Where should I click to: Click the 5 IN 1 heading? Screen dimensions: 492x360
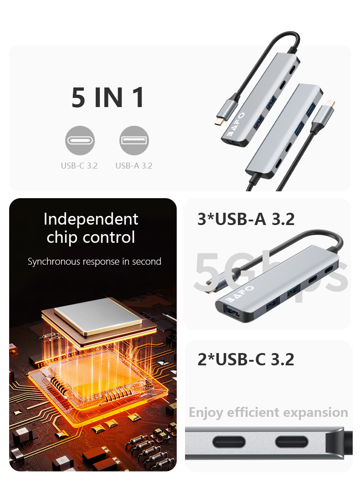[x=108, y=97]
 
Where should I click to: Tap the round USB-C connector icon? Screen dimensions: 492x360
[x=80, y=140]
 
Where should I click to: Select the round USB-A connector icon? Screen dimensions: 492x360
[x=134, y=140]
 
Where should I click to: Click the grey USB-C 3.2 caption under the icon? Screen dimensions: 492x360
[x=79, y=165]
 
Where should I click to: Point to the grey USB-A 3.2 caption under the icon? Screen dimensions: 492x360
[x=134, y=165]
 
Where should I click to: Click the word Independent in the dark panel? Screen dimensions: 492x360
[x=91, y=219]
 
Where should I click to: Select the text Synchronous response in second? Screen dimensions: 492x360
[x=94, y=261]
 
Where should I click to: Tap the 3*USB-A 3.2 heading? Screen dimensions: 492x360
[x=246, y=219]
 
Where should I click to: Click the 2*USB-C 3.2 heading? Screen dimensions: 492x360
[x=246, y=359]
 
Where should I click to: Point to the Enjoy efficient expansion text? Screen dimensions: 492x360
[x=268, y=413]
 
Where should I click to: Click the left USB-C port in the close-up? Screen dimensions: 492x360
[x=229, y=442]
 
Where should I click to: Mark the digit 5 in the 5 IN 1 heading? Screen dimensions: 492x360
[x=78, y=97]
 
